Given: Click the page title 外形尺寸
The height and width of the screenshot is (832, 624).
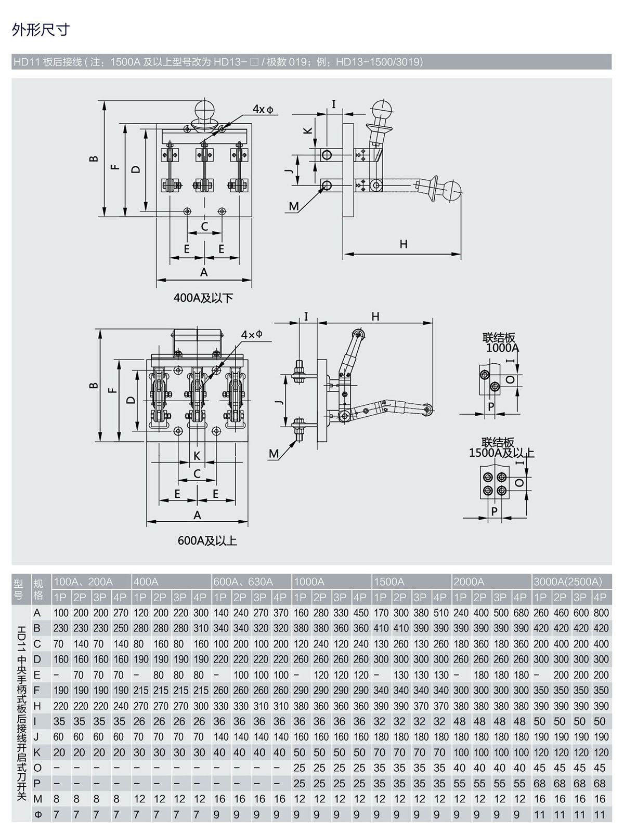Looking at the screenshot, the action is tap(41, 29).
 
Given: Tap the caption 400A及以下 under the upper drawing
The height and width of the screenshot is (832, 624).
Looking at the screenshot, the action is tap(203, 298).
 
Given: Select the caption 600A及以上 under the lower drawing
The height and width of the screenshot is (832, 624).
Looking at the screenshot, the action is tap(207, 540).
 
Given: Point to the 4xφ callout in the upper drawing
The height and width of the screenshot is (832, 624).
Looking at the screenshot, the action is tap(263, 109).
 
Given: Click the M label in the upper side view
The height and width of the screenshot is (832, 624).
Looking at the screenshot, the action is tap(294, 206).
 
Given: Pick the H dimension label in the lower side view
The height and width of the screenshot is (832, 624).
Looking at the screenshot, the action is tap(375, 316).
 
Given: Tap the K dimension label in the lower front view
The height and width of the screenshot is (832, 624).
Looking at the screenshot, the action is tap(197, 456).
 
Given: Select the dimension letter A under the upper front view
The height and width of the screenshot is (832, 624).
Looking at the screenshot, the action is tap(204, 272).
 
